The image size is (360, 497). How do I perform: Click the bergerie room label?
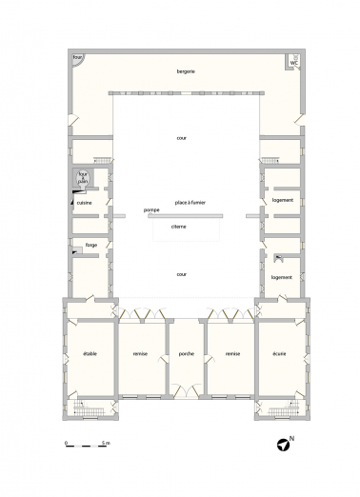pos(186,72)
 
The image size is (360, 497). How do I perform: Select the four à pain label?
pos(83,177)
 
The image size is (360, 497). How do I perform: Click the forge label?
pos(91,245)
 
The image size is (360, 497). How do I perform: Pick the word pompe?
pos(150,209)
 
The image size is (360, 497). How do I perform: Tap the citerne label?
pos(179,227)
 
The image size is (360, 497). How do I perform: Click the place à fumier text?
pos(190,202)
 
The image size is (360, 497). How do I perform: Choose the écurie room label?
pos(280,353)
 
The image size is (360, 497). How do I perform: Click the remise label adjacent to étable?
pos(141,353)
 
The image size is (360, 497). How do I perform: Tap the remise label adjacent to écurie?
pos(231,353)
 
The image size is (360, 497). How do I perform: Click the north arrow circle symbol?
pos(283,444)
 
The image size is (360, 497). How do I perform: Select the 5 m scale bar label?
pos(108,445)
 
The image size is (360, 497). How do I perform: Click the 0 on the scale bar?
pos(66,445)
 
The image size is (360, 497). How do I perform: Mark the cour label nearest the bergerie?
pos(181,138)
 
